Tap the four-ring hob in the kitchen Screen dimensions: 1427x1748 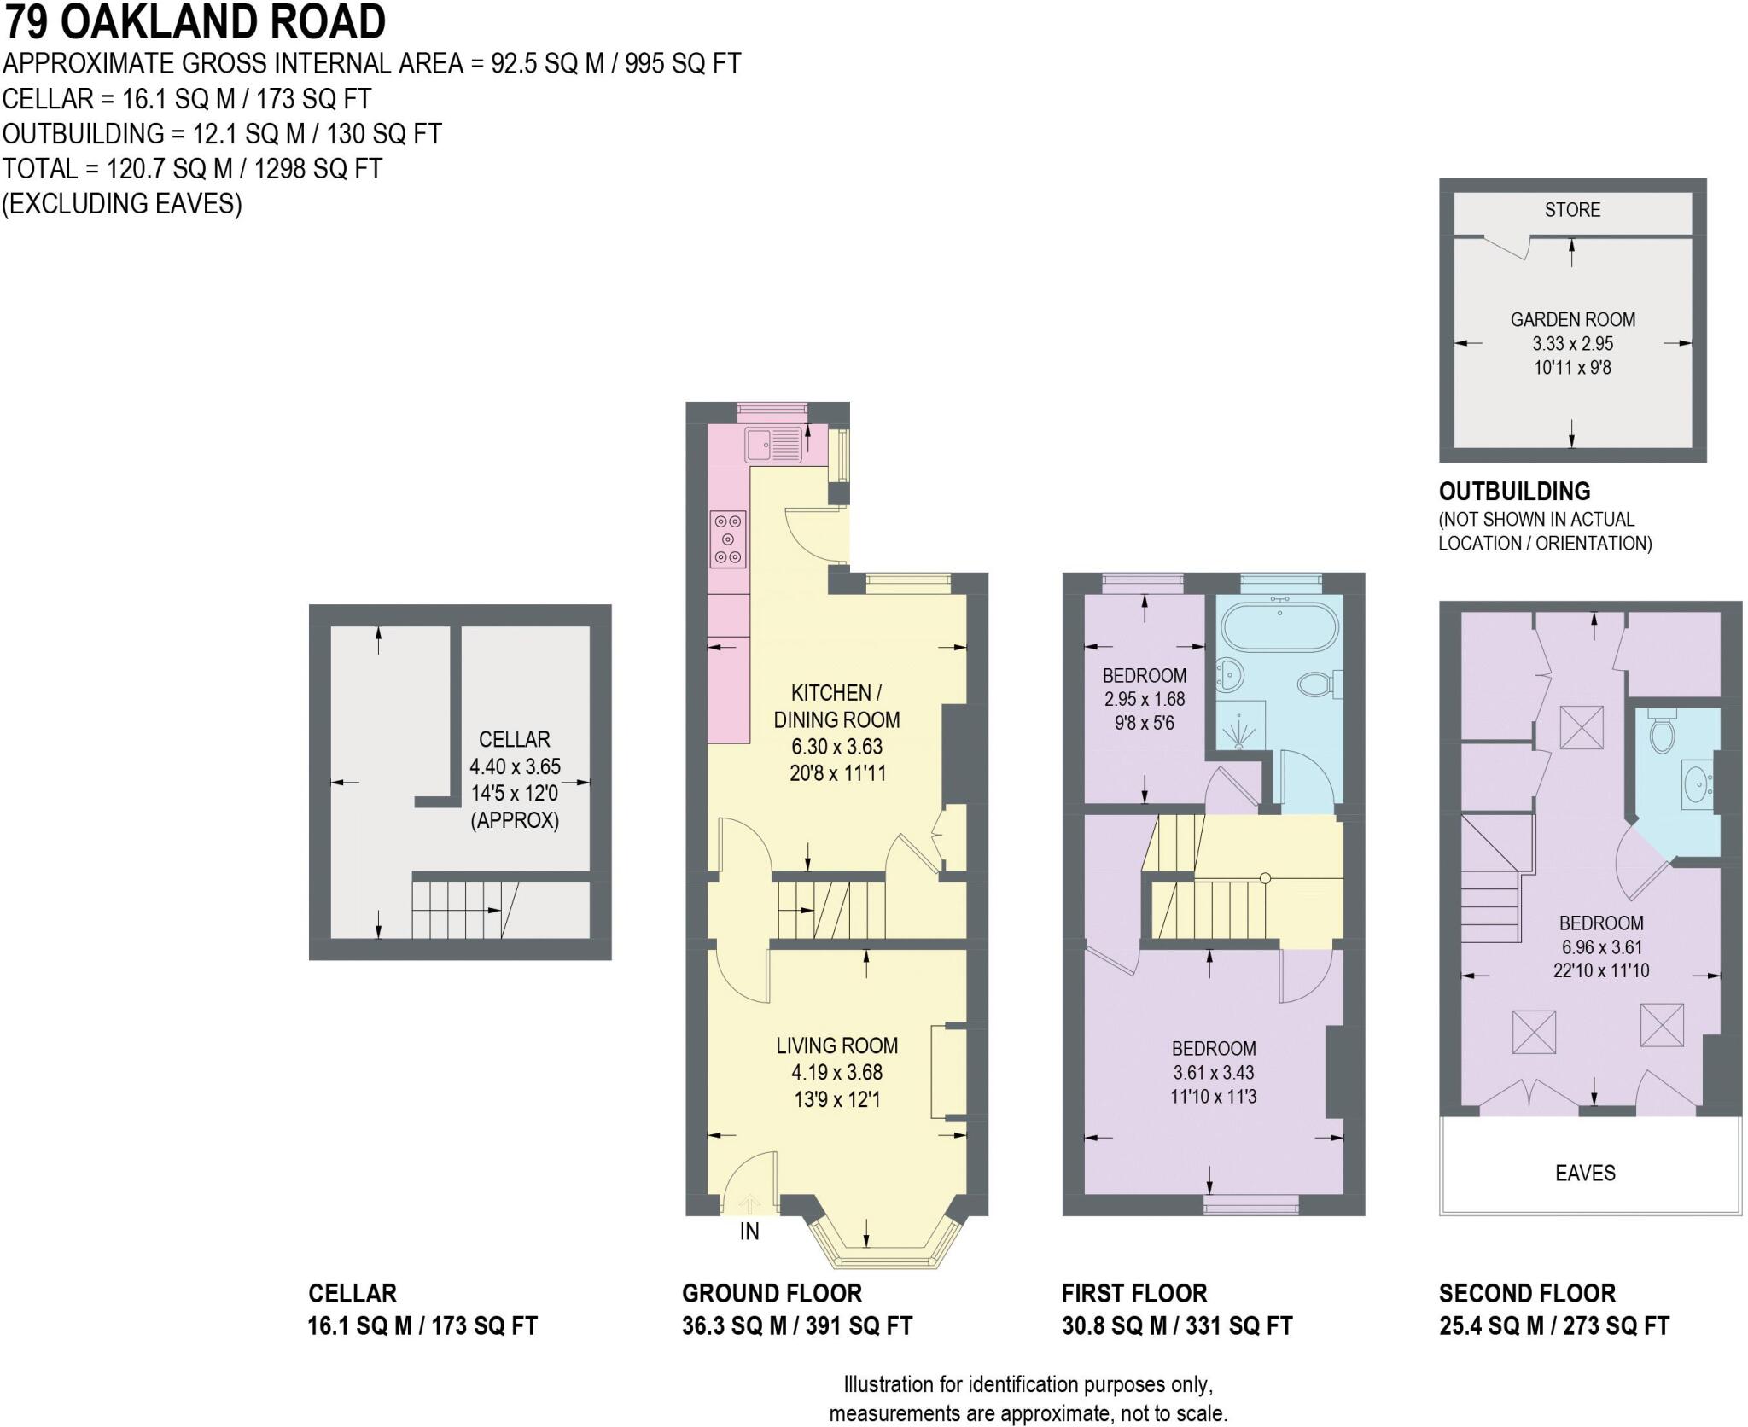pyautogui.click(x=728, y=539)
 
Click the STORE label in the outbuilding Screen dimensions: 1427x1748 pyautogui.click(x=1572, y=210)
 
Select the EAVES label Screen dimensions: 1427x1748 pyautogui.click(x=1585, y=1173)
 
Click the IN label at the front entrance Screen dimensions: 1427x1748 pyautogui.click(x=749, y=1232)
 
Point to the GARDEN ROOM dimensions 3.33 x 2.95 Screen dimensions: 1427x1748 pyautogui.click(x=1572, y=344)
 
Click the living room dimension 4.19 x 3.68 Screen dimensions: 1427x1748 pyautogui.click(x=836, y=1072)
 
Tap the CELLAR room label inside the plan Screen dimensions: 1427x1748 pyautogui.click(x=514, y=739)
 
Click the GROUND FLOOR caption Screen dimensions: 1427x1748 pyautogui.click(x=772, y=1293)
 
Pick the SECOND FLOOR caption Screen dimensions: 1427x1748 pyautogui.click(x=1527, y=1293)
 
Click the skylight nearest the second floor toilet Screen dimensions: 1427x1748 pyautogui.click(x=1582, y=728)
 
